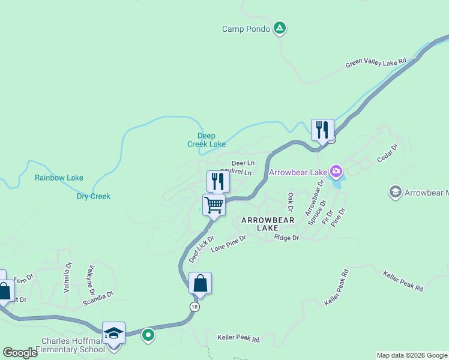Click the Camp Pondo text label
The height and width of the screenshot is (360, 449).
[246, 29]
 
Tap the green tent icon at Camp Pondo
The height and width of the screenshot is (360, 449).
[279, 28]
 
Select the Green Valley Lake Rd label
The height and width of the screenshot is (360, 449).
[376, 63]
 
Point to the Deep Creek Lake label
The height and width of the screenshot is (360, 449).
[206, 140]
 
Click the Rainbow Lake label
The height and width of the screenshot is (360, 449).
[59, 178]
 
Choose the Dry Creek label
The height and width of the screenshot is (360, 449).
[94, 196]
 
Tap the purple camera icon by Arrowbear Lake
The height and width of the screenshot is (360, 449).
[336, 173]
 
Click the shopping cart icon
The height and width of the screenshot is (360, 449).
[214, 205]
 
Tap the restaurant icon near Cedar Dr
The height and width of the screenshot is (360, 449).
[322, 129]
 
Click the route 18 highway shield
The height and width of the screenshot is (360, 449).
[194, 307]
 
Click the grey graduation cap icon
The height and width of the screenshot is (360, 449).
[395, 192]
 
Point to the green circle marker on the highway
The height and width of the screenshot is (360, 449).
[148, 335]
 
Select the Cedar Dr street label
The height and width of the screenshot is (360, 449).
[387, 152]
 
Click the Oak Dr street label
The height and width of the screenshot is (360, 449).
[290, 202]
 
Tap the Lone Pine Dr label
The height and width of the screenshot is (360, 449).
[229, 242]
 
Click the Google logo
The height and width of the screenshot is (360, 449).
[20, 353]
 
